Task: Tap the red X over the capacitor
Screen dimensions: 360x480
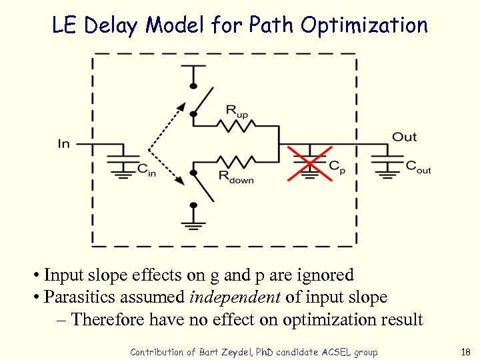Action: (x=309, y=163)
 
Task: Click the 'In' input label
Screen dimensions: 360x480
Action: (x=64, y=143)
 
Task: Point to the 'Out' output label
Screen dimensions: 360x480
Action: (x=404, y=137)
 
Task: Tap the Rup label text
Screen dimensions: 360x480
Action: (x=237, y=111)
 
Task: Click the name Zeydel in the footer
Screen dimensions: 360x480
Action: (x=236, y=352)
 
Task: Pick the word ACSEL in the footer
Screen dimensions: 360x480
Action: (x=338, y=352)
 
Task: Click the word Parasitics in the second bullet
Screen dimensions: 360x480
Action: (x=75, y=297)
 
